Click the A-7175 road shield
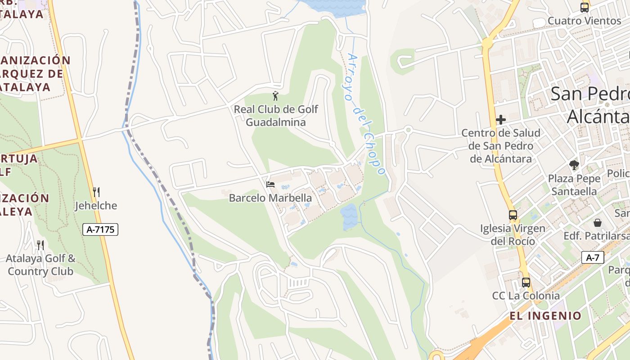(x=100, y=229)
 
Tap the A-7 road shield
(x=593, y=257)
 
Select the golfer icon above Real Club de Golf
(x=275, y=96)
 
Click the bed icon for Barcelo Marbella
(x=270, y=184)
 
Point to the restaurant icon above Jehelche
(x=96, y=192)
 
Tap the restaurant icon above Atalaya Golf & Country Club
(x=40, y=245)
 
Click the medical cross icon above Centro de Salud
(x=501, y=120)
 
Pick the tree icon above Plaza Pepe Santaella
(x=574, y=165)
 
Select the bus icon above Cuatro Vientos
(x=585, y=7)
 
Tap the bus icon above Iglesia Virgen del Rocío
(x=513, y=215)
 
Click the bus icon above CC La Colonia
(x=526, y=283)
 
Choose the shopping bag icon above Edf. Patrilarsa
(x=598, y=223)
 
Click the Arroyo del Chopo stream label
(x=366, y=115)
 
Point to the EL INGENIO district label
(x=545, y=316)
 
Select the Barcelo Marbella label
(x=270, y=198)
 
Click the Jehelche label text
(x=96, y=206)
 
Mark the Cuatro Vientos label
(x=584, y=21)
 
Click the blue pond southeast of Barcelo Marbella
(x=349, y=217)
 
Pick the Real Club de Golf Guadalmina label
(x=276, y=116)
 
